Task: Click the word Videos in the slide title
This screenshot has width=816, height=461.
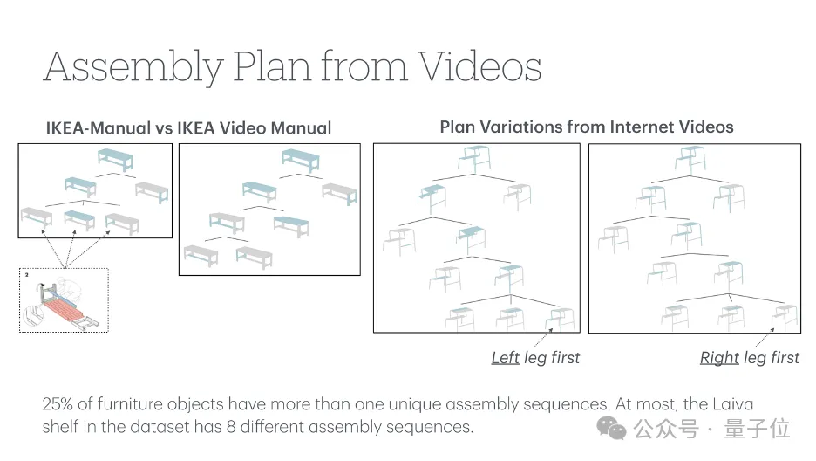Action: (x=479, y=67)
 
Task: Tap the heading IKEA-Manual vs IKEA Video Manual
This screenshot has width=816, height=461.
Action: (x=188, y=128)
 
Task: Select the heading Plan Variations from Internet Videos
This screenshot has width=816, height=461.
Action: (x=587, y=127)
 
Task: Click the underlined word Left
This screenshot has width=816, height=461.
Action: (x=506, y=358)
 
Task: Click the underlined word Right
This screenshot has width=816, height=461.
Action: (x=719, y=358)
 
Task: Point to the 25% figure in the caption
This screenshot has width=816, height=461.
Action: (x=58, y=403)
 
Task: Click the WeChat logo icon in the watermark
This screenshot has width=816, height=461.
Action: (x=611, y=428)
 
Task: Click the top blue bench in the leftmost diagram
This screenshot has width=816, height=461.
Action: (x=115, y=159)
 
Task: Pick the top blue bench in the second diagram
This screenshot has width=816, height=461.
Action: (x=300, y=160)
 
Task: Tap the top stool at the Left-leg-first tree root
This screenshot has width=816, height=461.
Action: (x=474, y=158)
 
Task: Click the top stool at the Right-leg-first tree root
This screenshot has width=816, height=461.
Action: (x=690, y=159)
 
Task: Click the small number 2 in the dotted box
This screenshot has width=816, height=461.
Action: (x=26, y=274)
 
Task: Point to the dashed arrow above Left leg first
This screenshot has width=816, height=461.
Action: (x=543, y=337)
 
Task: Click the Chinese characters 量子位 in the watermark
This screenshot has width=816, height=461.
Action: (x=757, y=429)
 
